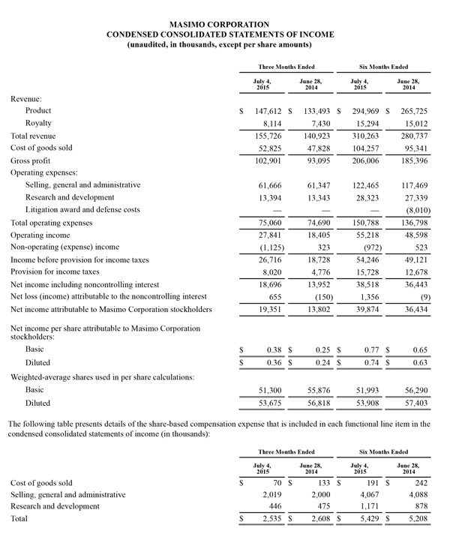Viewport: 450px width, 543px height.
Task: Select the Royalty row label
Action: (38, 122)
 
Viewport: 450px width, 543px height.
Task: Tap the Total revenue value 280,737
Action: (418, 136)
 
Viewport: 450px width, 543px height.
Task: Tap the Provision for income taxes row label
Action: (57, 272)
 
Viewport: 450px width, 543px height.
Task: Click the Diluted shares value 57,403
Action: (418, 403)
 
